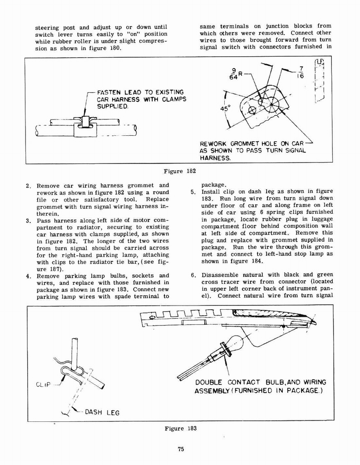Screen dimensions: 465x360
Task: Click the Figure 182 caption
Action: click(180, 171)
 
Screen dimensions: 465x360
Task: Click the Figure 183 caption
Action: click(180, 428)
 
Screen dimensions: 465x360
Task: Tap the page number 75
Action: click(180, 450)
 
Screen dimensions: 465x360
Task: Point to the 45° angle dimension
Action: click(226, 109)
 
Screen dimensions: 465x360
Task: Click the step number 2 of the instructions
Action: click(28, 185)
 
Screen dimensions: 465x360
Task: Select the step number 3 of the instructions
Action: click(28, 220)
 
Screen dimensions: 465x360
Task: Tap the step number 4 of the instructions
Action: click(28, 276)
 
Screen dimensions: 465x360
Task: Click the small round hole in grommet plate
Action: click(252, 110)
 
